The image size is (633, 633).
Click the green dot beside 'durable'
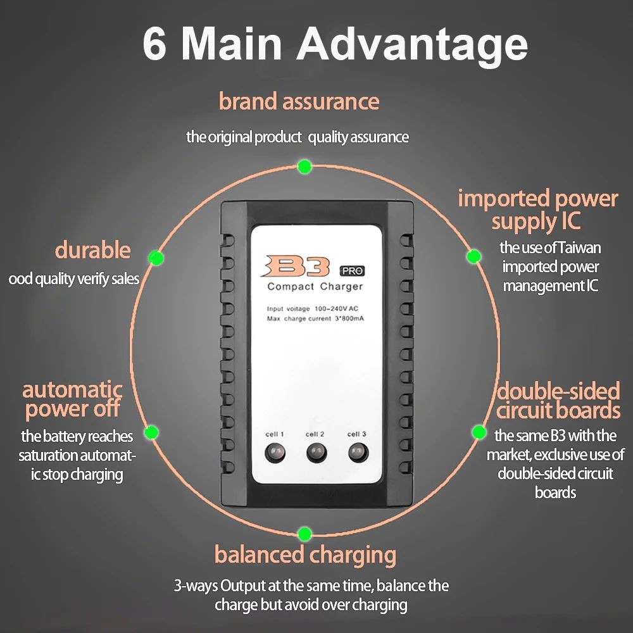(156, 258)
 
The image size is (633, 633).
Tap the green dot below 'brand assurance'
(304, 166)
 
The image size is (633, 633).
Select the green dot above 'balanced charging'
(304, 534)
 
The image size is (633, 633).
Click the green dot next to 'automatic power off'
(151, 432)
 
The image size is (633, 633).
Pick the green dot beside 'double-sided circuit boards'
(479, 432)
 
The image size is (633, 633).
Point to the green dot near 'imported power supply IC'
(473, 256)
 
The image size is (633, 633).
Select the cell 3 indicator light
(358, 452)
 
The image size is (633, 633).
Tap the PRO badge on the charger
(352, 271)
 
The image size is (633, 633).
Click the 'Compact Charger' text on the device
(315, 287)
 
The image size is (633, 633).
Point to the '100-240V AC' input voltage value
(336, 309)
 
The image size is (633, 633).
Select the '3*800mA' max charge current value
(349, 318)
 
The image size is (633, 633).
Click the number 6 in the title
(154, 44)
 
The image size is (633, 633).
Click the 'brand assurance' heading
(299, 101)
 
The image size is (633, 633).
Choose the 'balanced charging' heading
(305, 556)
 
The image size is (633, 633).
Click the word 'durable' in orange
(93, 250)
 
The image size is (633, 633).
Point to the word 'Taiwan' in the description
(579, 248)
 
